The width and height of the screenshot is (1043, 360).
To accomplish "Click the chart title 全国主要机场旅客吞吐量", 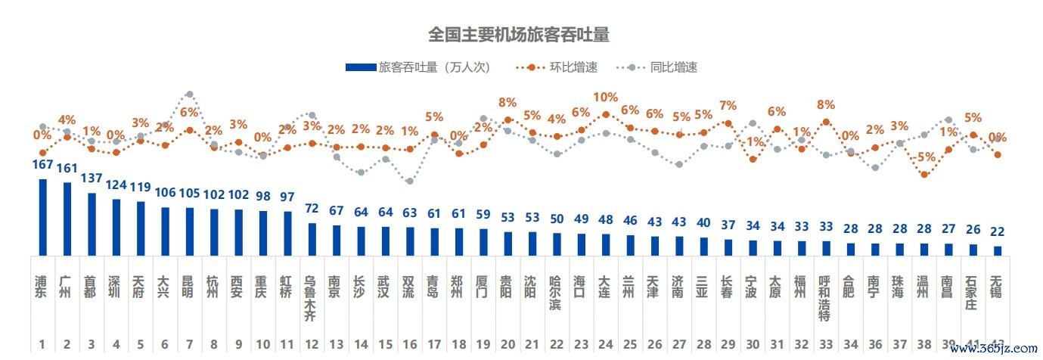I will tap(518, 35).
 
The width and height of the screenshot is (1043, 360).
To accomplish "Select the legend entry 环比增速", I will tap(573, 67).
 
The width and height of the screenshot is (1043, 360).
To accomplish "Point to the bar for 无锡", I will tap(998, 250).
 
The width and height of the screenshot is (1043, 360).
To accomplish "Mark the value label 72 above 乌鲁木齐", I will tap(312, 207).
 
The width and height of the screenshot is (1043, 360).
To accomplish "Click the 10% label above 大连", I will tap(605, 98).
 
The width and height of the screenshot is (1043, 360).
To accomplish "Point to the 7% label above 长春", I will tap(728, 106).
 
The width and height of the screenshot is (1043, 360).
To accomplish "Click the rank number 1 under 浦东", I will tap(42, 345).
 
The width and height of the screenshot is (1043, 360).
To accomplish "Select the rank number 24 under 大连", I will tap(606, 345).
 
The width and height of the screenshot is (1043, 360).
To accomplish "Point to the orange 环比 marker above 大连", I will tap(606, 115).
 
